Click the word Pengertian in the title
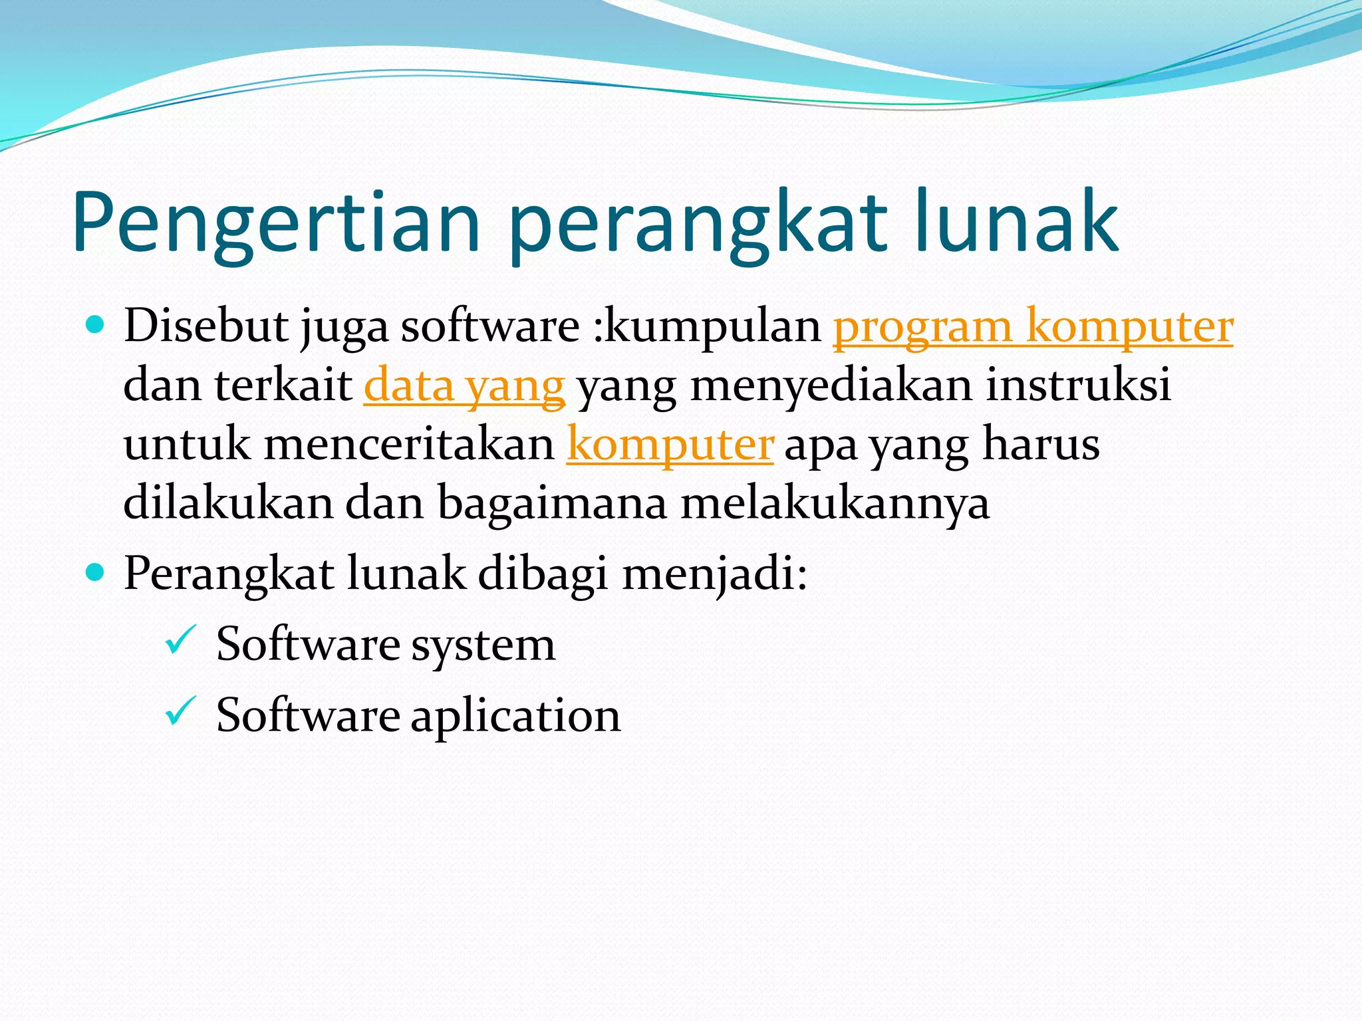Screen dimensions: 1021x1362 click(x=276, y=223)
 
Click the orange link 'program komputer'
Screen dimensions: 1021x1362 click(x=1033, y=326)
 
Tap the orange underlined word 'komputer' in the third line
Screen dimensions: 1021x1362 click(x=670, y=444)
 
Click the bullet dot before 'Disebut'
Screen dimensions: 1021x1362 click(x=96, y=325)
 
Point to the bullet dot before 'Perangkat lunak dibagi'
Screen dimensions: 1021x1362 click(x=96, y=572)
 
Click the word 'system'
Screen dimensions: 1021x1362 click(x=483, y=645)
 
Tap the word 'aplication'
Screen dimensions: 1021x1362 click(x=515, y=717)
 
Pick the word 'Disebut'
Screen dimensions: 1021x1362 click(x=206, y=326)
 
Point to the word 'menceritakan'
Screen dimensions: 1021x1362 click(x=410, y=444)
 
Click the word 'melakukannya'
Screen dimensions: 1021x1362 click(x=835, y=503)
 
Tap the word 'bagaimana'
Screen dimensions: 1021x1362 click(x=552, y=503)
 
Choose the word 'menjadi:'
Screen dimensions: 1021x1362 click(x=714, y=573)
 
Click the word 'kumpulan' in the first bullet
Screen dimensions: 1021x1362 click(x=713, y=326)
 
